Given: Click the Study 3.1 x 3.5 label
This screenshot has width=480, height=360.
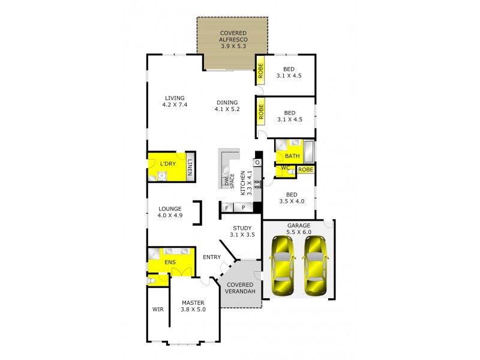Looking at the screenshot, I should (x=243, y=231).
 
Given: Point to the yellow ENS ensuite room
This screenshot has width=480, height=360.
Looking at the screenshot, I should (x=170, y=262).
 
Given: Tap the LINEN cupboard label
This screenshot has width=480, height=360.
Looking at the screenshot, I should (x=190, y=168).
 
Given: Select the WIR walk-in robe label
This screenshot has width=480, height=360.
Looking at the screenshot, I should (x=158, y=310).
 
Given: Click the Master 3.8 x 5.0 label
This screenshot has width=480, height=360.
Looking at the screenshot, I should (x=193, y=306).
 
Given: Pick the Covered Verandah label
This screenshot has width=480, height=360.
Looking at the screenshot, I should (x=240, y=287).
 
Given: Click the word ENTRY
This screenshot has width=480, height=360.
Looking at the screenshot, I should (x=212, y=257).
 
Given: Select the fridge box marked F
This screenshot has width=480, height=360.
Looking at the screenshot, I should (x=227, y=208).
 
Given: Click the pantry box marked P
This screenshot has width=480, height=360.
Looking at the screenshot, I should (x=243, y=208).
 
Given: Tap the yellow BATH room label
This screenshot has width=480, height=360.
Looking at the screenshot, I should (x=292, y=156).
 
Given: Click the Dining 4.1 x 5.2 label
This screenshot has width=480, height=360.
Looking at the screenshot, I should (x=227, y=106).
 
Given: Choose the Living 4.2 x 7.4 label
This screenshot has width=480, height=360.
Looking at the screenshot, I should (x=175, y=101).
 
